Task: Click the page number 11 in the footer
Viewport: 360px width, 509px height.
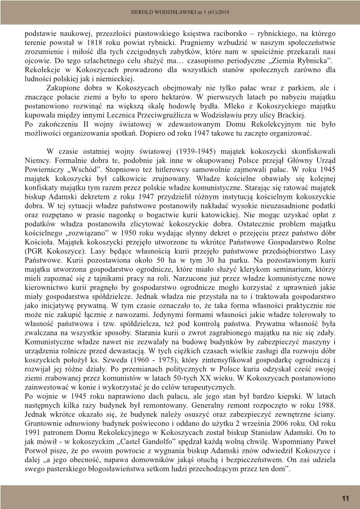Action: (345, 498)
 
